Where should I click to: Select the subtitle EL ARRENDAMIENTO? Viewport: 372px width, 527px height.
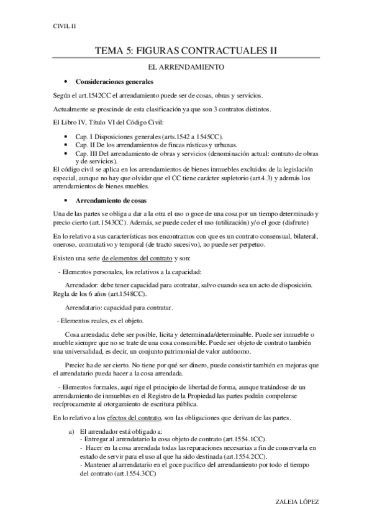tap(186, 66)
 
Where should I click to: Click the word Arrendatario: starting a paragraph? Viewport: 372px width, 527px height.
tap(85, 308)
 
